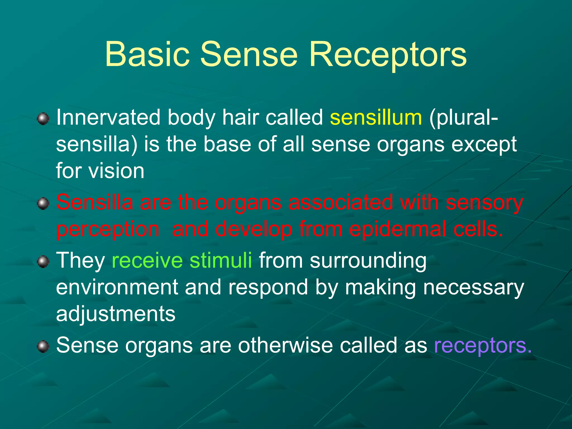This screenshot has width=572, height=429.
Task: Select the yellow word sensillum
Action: click(376, 118)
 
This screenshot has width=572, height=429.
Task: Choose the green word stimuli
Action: click(221, 260)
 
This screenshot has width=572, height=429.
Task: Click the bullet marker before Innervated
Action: click(43, 119)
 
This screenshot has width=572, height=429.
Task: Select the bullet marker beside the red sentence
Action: click(43, 203)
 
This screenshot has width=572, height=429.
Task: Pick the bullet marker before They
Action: click(43, 262)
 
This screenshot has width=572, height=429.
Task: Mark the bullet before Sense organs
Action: click(43, 347)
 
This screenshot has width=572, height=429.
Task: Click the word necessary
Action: click(474, 288)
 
